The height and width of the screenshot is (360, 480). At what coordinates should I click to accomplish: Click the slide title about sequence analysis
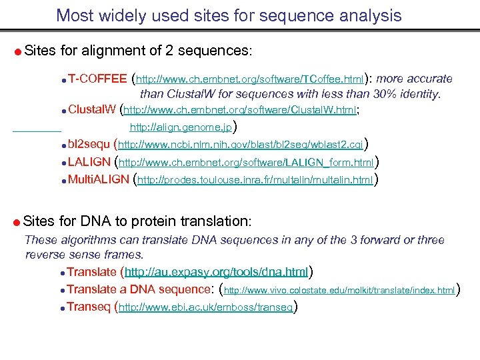pos(229,15)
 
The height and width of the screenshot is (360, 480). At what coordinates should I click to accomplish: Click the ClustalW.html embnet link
pos(241,111)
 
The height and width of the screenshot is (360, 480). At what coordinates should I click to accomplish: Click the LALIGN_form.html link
pos(246,162)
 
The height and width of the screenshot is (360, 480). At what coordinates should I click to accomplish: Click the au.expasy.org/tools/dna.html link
pos(216,272)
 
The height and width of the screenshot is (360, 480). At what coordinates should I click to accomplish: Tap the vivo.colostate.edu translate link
pos(339,290)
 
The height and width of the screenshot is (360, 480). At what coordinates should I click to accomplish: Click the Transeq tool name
pos(89,307)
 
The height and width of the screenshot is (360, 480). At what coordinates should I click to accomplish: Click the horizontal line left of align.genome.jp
pos(37,127)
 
